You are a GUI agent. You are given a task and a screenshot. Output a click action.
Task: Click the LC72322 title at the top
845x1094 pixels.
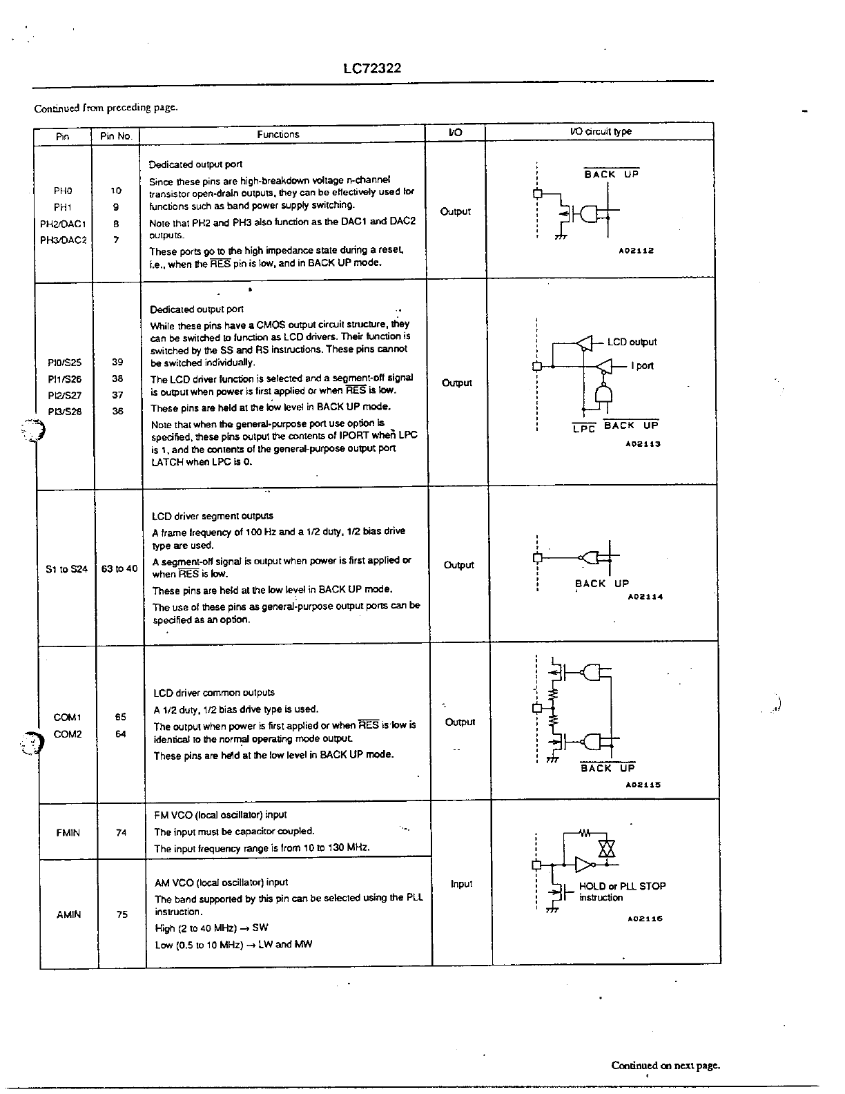coord(372,68)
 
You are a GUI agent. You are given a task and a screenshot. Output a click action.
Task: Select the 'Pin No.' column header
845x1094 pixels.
coord(116,136)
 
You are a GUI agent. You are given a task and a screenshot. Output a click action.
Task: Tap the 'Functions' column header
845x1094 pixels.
coord(278,135)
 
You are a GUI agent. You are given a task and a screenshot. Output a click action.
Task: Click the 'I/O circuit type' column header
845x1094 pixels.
coord(601,132)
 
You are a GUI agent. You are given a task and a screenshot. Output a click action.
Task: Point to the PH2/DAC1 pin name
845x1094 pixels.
coord(63,224)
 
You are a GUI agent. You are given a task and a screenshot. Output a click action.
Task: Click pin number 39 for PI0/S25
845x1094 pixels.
coord(117,362)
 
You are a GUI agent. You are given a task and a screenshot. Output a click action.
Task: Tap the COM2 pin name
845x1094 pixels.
coord(68,734)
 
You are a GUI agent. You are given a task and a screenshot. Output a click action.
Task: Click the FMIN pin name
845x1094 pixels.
coord(68,833)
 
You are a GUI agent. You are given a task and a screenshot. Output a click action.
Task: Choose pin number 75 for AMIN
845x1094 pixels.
coord(122,914)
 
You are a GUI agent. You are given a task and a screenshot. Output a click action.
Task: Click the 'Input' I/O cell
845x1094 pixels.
coord(461,884)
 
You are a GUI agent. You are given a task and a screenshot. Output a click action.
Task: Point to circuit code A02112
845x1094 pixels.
coord(636,251)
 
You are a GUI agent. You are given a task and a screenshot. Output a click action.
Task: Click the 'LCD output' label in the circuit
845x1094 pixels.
coord(632,342)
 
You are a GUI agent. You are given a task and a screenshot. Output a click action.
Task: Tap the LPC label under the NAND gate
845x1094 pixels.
coord(584,429)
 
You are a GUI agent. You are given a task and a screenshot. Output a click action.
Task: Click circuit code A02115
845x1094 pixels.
coord(643,785)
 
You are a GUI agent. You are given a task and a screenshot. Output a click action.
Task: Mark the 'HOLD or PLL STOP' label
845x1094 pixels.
coord(622,886)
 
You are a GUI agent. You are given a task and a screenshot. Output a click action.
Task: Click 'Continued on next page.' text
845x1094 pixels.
coord(666,1065)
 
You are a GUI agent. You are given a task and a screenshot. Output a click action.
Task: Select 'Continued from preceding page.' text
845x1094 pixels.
coord(106,108)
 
